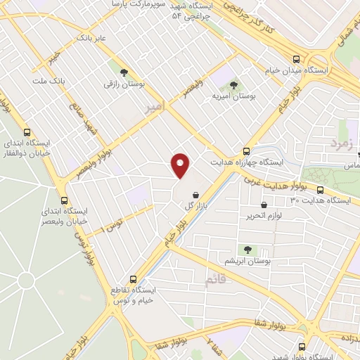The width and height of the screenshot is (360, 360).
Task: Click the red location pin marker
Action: (181, 165)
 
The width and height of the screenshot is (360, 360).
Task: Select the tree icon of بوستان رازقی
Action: (124, 72)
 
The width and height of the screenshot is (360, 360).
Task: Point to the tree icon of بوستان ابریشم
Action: (247, 249)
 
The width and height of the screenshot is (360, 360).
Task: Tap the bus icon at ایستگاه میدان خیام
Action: (297, 60)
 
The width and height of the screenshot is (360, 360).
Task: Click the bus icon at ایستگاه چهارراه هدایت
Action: (246, 151)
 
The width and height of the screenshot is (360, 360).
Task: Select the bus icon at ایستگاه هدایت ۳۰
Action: (321, 190)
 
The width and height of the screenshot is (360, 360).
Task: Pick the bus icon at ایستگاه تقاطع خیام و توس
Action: (134, 279)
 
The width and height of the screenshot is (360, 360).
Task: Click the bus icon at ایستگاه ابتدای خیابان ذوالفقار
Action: (27, 132)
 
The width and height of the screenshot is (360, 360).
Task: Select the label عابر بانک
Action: (91, 37)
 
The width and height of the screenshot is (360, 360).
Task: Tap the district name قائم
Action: (216, 280)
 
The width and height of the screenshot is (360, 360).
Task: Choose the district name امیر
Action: (154, 107)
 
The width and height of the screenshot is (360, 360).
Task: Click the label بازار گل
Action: (199, 207)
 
